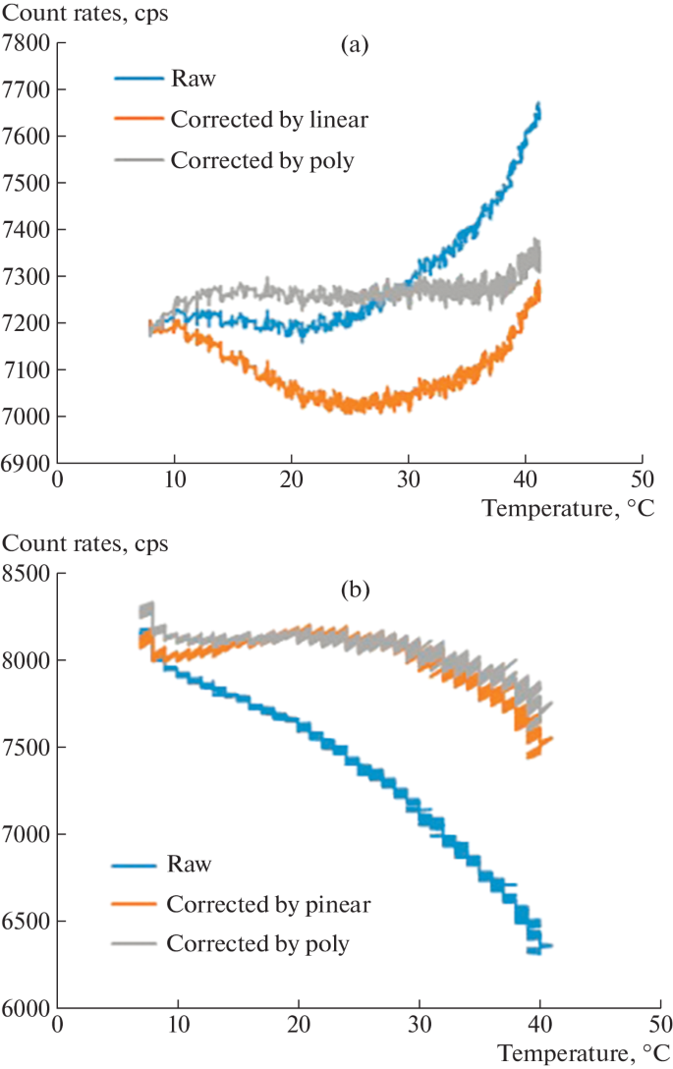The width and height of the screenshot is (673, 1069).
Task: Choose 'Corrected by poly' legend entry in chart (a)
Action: pos(261,160)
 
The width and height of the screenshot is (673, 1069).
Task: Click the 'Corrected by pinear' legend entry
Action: pos(257,904)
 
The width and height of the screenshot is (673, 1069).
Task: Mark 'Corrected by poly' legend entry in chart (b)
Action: pos(257,944)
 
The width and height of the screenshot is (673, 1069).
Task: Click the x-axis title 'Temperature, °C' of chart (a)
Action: pos(567,507)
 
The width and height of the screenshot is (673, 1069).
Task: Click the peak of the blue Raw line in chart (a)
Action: pos(538,103)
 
